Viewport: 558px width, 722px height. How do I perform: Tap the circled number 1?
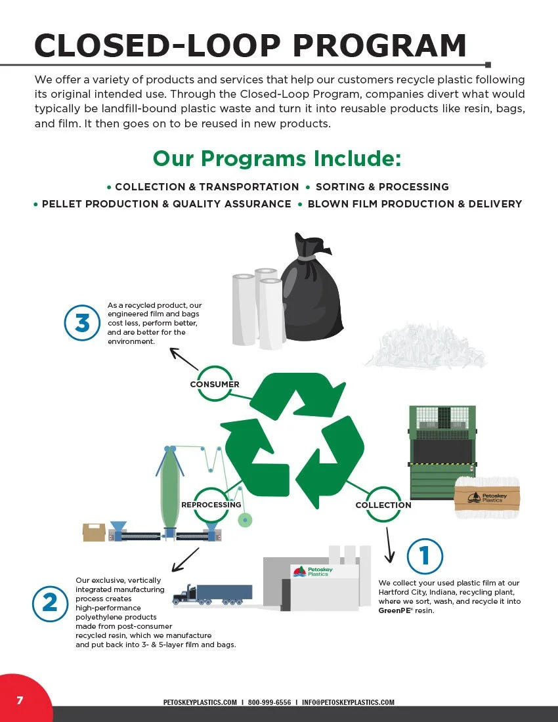pos(425,556)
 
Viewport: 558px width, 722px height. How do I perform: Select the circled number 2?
pos(50,603)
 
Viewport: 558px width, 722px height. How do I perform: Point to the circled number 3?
pos(82,324)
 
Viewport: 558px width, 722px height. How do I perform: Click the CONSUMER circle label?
pos(214,384)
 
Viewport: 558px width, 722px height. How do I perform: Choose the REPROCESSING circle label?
pos(211,505)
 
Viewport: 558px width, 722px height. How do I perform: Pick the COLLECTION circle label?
pos(383,505)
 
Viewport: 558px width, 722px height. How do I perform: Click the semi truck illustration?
pos(211,594)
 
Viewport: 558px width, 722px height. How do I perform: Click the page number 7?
pos(20,700)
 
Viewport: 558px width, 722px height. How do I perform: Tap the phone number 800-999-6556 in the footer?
pos(269,702)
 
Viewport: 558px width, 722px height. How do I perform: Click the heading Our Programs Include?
pos(276,158)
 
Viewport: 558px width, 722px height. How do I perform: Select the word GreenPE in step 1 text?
pos(391,610)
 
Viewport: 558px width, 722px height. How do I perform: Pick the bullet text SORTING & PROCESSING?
pos(382,187)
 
